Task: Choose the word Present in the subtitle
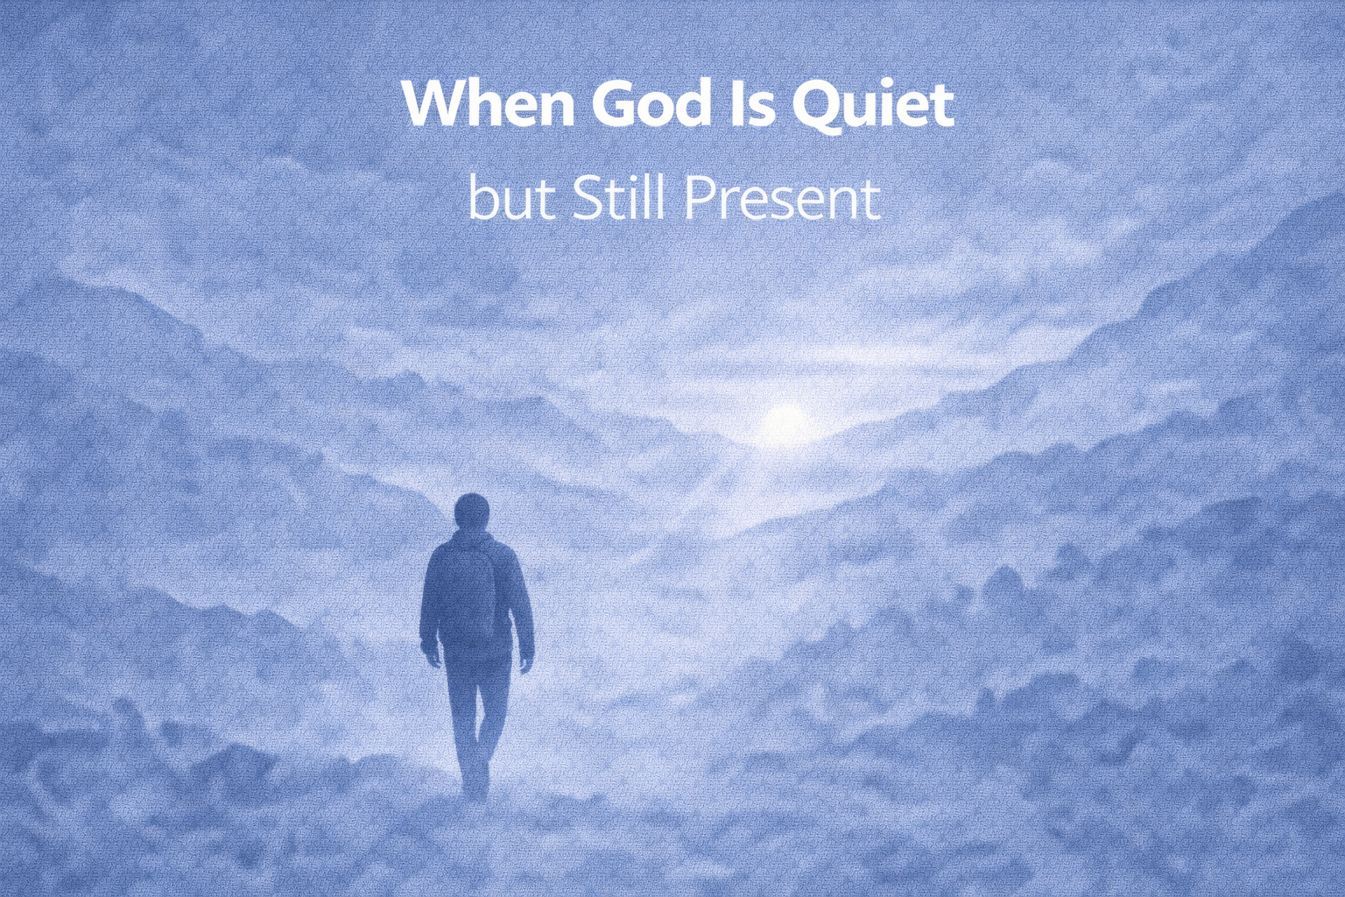coord(781,200)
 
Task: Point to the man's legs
coord(476,710)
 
